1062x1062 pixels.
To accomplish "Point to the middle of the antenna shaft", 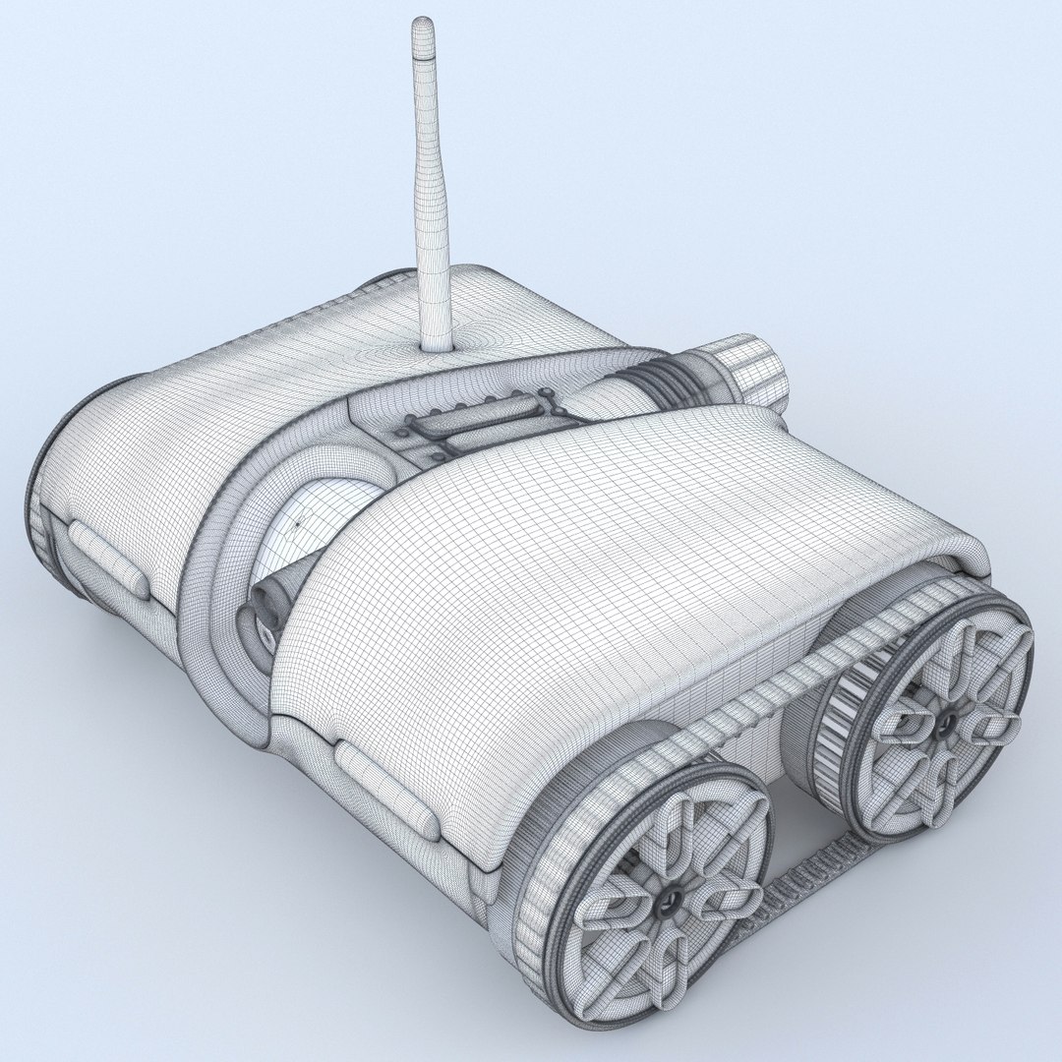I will click(430, 187).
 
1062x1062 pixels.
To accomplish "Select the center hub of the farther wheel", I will click(943, 723).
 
